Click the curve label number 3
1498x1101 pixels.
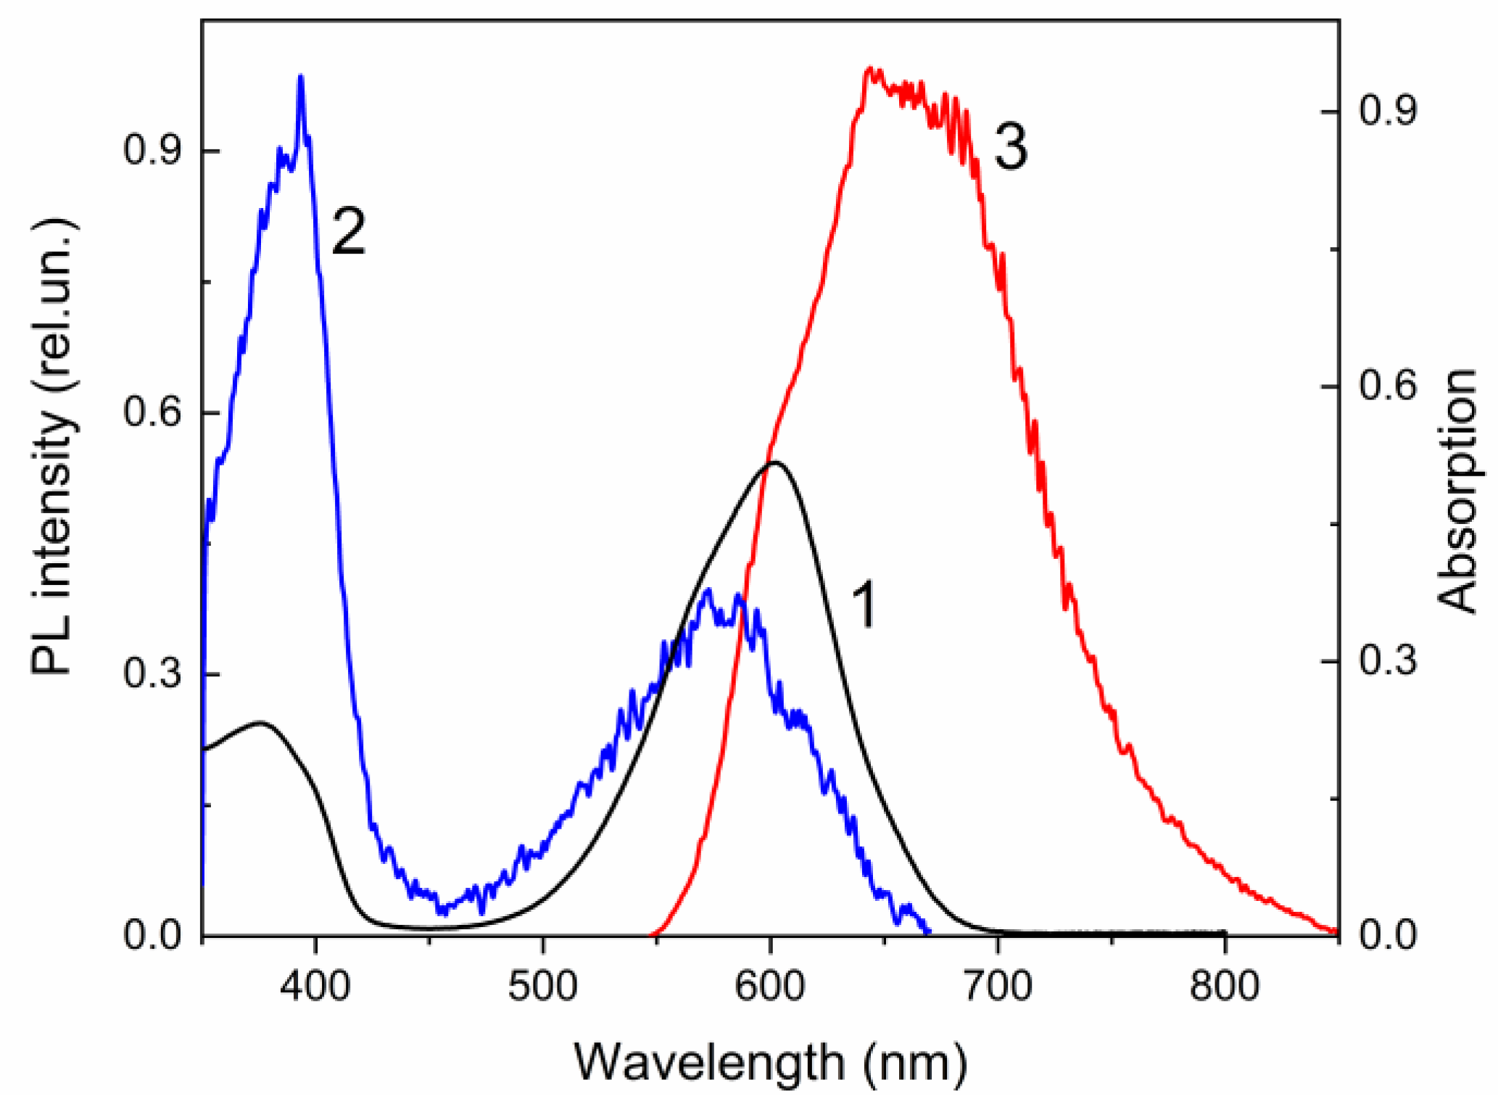[x=1010, y=147]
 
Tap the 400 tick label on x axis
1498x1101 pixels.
[x=315, y=987]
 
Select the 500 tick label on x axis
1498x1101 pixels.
[x=542, y=987]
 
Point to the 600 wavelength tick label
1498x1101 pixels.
[x=770, y=987]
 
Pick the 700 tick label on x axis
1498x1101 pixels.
[x=998, y=987]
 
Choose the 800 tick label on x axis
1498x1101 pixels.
[x=1225, y=987]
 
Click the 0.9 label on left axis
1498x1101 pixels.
[x=152, y=151]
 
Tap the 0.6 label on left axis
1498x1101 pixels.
[x=152, y=412]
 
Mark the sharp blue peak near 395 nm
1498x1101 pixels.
[x=300, y=77]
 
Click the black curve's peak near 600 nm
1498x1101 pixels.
[x=774, y=462]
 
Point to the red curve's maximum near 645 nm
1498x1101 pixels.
[x=870, y=70]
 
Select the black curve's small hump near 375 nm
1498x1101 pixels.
[x=260, y=723]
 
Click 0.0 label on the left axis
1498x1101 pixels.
[x=152, y=935]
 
